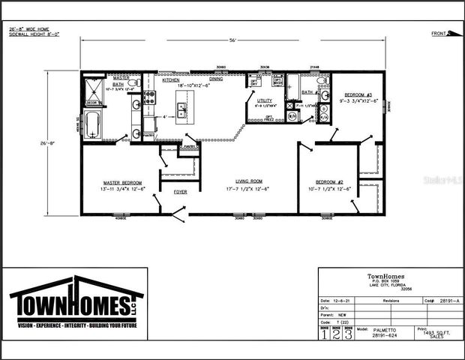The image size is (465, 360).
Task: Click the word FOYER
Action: (181, 192)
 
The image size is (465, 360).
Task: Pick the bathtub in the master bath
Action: (94, 126)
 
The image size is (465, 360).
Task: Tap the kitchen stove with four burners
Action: (148, 97)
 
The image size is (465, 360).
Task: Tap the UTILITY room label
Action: (265, 100)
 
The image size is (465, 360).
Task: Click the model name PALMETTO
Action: (367, 329)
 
